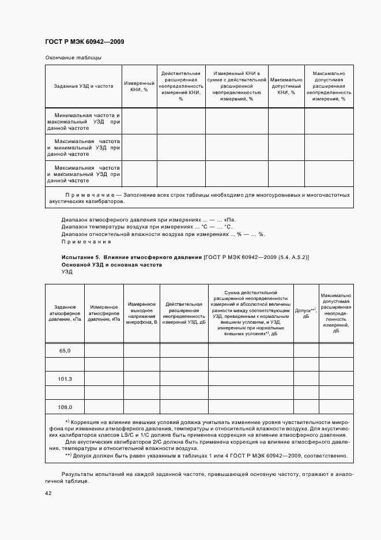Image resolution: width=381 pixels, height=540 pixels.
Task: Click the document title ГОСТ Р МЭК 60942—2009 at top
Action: (85, 42)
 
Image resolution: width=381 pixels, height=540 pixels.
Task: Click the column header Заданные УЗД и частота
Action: (84, 87)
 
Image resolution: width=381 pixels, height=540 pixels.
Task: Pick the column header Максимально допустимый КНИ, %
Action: (286, 87)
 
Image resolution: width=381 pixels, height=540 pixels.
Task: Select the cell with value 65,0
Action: (65, 350)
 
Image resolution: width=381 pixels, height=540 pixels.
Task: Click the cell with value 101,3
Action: (65, 378)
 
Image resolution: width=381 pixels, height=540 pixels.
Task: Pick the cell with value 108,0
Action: (65, 407)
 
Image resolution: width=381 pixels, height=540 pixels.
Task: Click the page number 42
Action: (48, 493)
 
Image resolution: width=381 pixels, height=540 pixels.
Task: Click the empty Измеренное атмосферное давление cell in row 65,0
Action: (104, 350)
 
